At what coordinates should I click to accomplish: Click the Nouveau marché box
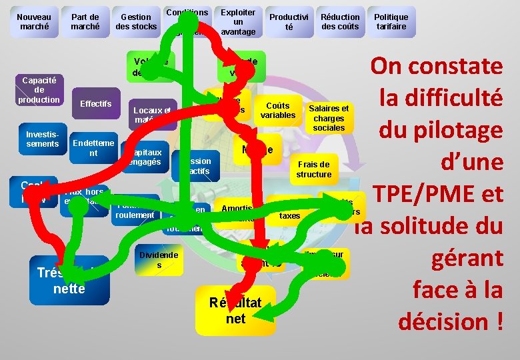[34, 22]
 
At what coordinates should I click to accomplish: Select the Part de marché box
[85, 22]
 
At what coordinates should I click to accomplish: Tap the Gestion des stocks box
[136, 22]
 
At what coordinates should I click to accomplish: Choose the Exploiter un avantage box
[238, 22]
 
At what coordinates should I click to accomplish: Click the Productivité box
[289, 22]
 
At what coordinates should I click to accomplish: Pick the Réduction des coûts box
[340, 22]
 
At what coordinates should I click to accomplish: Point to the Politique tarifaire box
[391, 22]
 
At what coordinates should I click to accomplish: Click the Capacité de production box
[39, 89]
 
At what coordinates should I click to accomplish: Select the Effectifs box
[96, 104]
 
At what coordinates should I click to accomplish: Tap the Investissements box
[42, 139]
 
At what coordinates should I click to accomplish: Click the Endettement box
[93, 148]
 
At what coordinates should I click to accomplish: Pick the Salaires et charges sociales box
[329, 117]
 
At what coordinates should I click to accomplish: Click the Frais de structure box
[314, 169]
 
